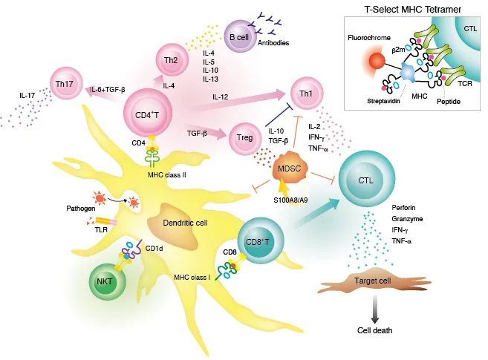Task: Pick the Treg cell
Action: pyautogui.click(x=247, y=135)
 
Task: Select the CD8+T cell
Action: pyautogui.click(x=264, y=240)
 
